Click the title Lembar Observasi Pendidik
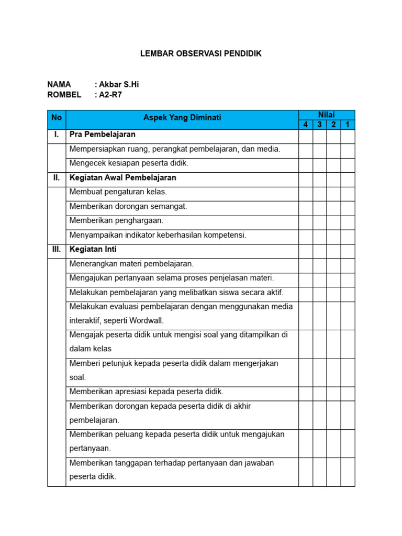[201, 53]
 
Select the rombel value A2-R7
[110, 95]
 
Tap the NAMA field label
[59, 84]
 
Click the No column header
[57, 118]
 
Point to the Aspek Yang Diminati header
[182, 118]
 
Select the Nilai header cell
[327, 115]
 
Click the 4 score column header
[306, 125]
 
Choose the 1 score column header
[348, 125]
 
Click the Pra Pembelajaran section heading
[103, 135]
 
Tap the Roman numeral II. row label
[57, 178]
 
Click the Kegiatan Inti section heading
[93, 250]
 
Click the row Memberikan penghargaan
[117, 221]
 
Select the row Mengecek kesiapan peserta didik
[129, 163]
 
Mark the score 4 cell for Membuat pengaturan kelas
[306, 192]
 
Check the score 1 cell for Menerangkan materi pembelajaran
[348, 264]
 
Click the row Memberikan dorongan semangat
[128, 207]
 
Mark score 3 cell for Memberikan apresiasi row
[320, 392]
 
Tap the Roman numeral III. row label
[57, 250]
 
